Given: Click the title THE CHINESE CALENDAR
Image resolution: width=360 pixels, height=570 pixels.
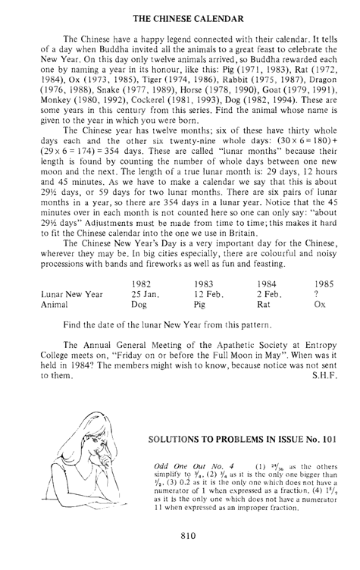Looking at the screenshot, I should click(x=180, y=10).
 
